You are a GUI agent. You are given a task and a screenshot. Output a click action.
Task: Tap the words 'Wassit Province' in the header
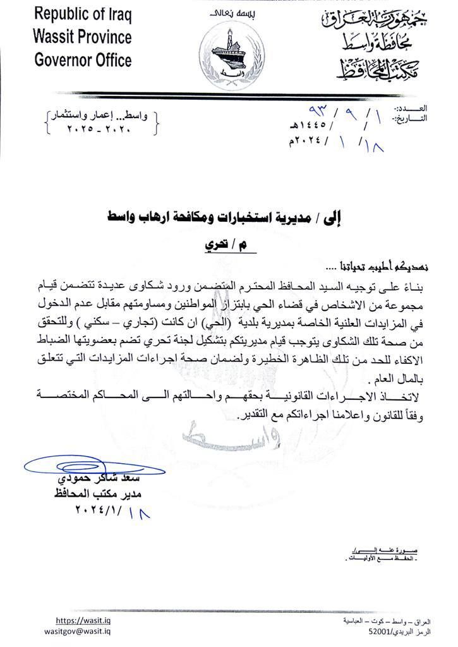point(82,36)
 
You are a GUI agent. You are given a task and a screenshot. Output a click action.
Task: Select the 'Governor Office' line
point(83,60)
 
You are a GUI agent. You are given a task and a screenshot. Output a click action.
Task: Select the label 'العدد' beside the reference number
point(414,109)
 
